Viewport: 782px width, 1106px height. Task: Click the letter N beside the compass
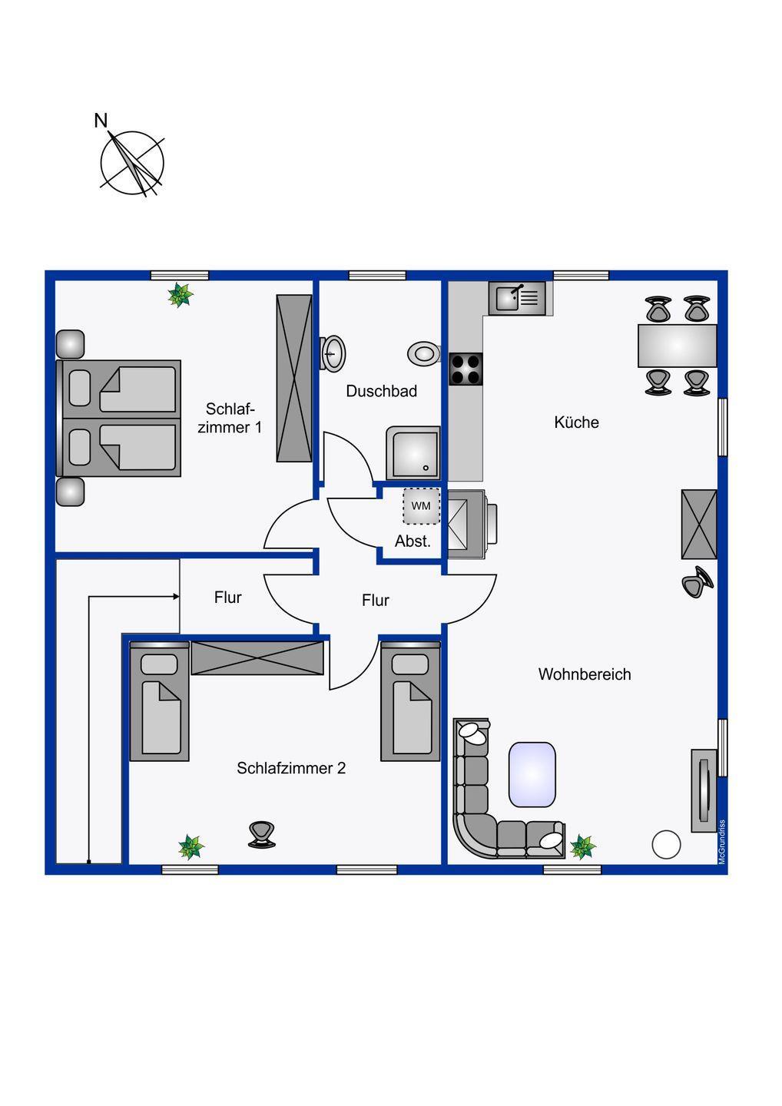tap(101, 120)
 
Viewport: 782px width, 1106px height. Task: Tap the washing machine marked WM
tap(421, 506)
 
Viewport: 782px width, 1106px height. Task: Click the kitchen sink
tap(518, 298)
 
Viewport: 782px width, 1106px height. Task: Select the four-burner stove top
tap(466, 369)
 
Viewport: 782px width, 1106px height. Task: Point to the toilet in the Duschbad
tap(423, 353)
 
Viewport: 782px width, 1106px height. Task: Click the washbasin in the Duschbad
tap(333, 353)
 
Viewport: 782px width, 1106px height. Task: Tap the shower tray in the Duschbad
tap(413, 453)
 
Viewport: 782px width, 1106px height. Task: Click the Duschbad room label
tap(381, 391)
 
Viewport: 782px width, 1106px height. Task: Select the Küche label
tap(576, 422)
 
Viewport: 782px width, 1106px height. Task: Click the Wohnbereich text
tap(585, 674)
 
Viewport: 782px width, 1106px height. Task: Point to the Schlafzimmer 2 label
tap(291, 768)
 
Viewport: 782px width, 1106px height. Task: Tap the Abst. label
tap(413, 541)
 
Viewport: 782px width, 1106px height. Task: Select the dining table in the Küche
tap(677, 346)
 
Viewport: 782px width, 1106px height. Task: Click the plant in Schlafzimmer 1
tap(181, 295)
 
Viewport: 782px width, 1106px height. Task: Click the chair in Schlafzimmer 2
tap(262, 835)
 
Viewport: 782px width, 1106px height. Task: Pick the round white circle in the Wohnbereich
tap(666, 844)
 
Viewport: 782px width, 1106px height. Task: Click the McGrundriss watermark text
tap(722, 842)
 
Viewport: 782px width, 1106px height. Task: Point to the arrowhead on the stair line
tap(176, 597)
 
